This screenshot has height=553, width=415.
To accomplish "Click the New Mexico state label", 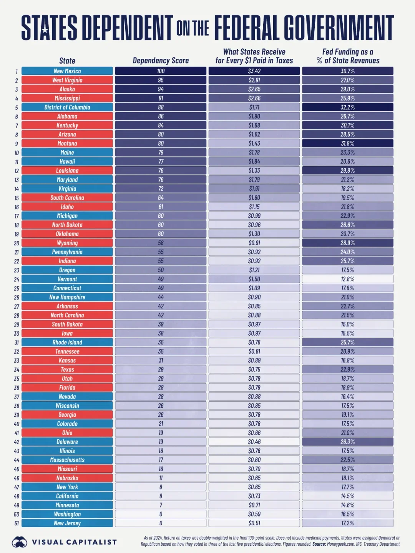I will (x=67, y=71).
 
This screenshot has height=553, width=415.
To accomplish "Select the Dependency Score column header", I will (x=161, y=61).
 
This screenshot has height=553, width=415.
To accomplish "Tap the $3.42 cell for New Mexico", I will (x=254, y=71).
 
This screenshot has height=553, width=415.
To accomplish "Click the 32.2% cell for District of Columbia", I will (x=347, y=107).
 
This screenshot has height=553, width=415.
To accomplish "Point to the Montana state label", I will (x=67, y=143).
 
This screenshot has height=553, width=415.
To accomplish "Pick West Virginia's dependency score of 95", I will (x=161, y=80).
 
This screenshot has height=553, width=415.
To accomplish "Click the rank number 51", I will (x=17, y=523).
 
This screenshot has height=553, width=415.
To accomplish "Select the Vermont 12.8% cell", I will (x=347, y=279).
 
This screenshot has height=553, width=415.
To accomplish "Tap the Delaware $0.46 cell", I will (x=254, y=442).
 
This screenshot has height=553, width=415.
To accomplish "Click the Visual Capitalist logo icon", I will (x=19, y=542).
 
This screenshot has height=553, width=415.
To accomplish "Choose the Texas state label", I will (x=67, y=369).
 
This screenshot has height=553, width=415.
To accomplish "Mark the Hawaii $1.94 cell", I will (x=254, y=162).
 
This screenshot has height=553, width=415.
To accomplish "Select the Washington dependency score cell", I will (x=161, y=514).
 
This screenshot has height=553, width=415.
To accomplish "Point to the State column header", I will (x=67, y=61).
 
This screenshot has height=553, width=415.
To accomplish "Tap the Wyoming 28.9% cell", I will (x=347, y=243).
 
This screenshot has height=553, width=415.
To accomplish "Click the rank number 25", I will (x=17, y=288).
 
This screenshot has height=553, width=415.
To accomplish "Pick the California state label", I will (x=67, y=496).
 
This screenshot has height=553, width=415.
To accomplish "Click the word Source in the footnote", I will (x=319, y=544).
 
